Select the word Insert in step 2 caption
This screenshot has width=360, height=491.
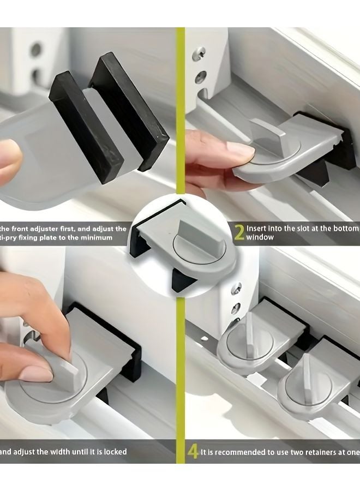(257, 229)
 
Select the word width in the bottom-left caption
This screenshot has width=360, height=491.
(52, 452)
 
